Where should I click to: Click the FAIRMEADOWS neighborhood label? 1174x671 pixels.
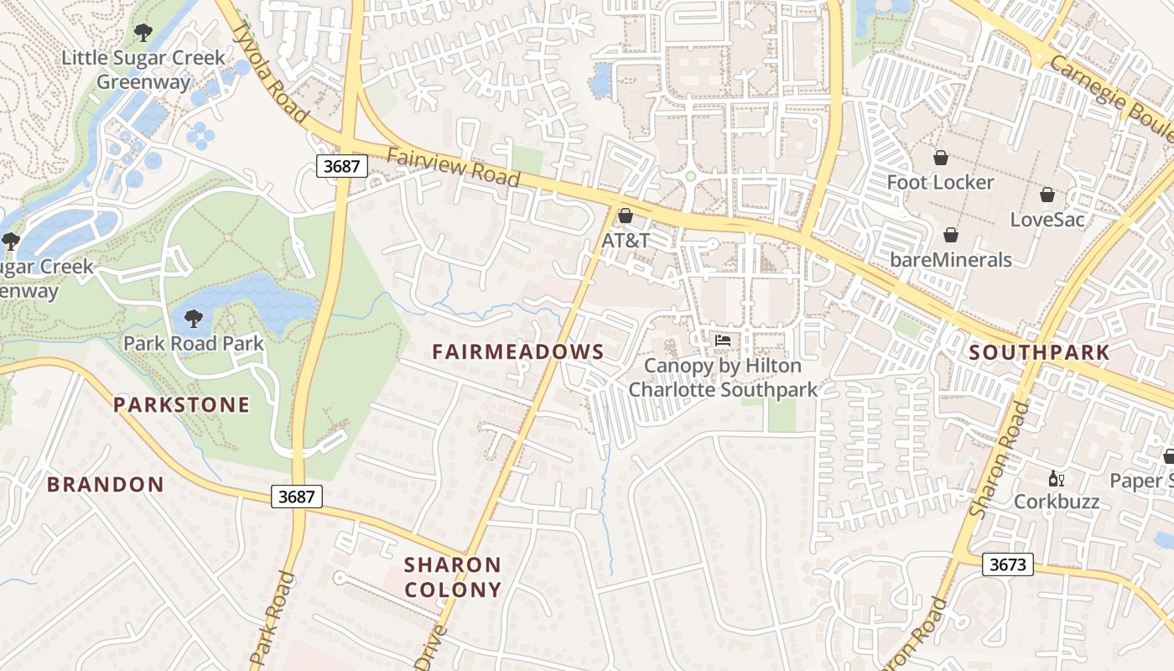point(517,351)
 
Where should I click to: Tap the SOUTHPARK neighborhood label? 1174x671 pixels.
point(1039,353)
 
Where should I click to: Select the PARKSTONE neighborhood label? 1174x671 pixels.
point(181,405)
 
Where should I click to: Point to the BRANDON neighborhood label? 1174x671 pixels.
point(105,484)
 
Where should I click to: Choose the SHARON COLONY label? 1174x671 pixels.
point(453,577)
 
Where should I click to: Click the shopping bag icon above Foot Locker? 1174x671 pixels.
point(940,158)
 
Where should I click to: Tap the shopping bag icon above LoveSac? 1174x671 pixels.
point(1047,195)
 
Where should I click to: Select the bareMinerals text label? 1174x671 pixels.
point(951,259)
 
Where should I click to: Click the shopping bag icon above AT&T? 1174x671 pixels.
point(625,216)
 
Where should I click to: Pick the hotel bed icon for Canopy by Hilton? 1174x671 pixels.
point(722,341)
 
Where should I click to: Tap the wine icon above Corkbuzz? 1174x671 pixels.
point(1056,479)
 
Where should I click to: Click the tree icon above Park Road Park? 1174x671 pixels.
point(193,319)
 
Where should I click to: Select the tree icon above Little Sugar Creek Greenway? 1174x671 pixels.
point(143,33)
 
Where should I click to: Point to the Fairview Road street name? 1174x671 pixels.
point(454,167)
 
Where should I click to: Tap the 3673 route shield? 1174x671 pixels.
point(1007,564)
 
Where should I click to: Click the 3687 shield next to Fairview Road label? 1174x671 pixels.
point(341,166)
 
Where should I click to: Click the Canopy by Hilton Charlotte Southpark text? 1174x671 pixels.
point(722,378)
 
